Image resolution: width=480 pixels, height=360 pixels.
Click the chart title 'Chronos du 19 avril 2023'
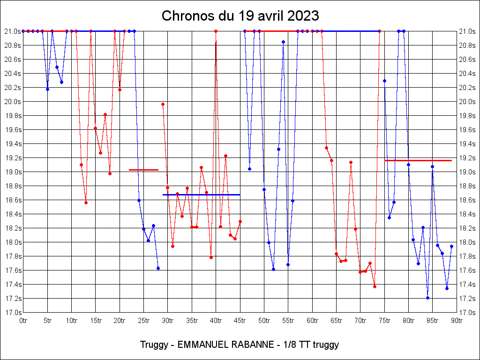point(240,16)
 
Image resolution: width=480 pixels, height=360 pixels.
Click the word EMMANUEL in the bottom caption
point(202,345)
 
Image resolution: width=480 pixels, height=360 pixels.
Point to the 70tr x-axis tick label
point(360,321)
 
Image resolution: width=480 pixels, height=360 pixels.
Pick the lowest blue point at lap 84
point(427,298)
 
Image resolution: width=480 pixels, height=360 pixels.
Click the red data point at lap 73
point(375,286)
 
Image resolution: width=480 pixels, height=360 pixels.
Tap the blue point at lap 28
point(158,268)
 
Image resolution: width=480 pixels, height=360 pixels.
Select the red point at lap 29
point(163,104)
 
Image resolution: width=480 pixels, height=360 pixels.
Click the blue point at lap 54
point(283,42)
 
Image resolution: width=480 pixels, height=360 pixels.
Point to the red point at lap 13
point(86,202)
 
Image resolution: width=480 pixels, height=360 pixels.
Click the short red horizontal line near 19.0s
point(143,170)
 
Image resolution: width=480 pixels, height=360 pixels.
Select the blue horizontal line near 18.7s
point(202,195)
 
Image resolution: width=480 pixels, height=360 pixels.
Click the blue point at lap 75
point(384,81)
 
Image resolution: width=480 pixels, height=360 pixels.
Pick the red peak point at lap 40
point(216,31)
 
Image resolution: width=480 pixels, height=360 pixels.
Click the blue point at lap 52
point(273,269)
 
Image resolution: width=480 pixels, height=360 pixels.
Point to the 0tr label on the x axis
point(23,321)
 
